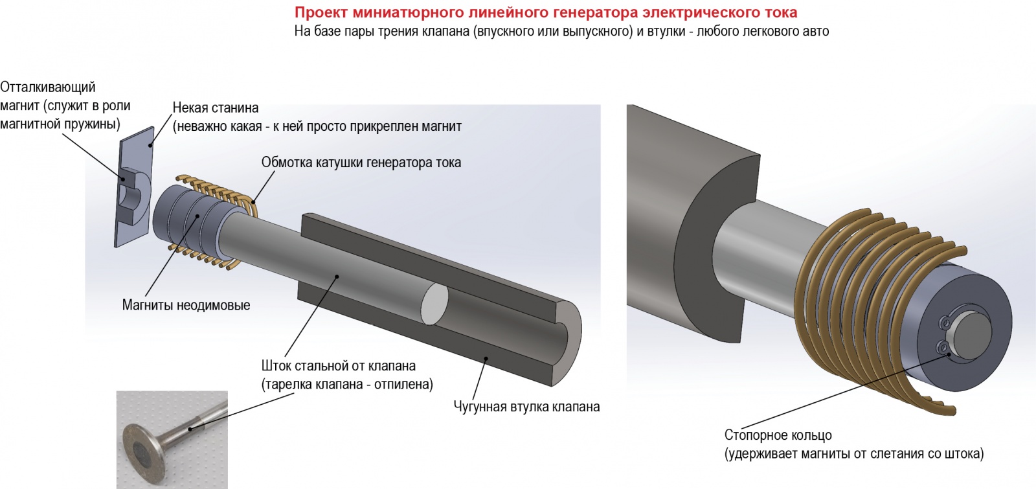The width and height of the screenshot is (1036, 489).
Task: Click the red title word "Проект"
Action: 321,12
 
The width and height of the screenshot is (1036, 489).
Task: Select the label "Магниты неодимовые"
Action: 186,305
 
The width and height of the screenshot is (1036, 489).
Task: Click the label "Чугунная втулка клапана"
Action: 526,407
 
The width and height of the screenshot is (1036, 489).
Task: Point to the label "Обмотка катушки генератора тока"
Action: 361,163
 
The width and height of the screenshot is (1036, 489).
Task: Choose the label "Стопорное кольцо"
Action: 778,435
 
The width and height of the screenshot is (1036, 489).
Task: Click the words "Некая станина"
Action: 216,108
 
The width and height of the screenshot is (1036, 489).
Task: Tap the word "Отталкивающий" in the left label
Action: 48,87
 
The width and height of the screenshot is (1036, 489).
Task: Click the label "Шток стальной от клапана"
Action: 339,366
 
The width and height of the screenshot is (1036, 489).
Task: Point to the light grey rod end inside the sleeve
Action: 434,304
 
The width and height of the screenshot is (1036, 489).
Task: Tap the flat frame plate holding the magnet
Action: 134,187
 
